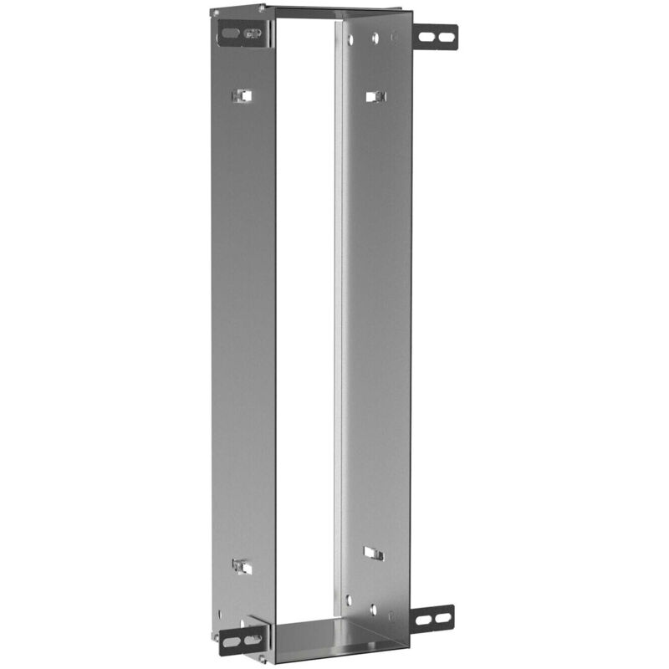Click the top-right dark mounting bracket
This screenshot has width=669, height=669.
coord(437,36)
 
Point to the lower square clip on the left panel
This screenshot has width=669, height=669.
coord(242,566)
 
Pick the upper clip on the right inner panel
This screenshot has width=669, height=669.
coord(374,96)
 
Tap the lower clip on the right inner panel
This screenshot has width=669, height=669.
coord(374,554)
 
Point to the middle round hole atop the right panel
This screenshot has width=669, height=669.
coord(375,38)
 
